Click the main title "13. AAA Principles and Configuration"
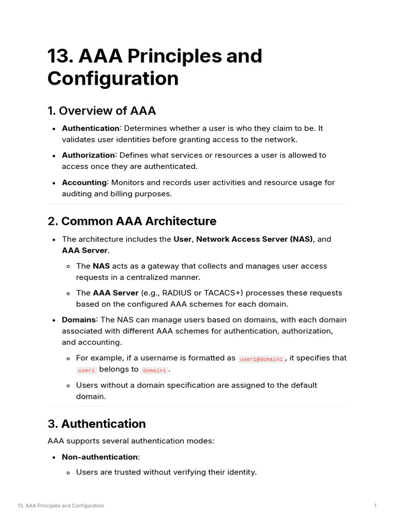coord(154,67)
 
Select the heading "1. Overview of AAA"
coord(102,111)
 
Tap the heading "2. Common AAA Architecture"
coord(132,221)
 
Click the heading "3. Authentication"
coord(96,424)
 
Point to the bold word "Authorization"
coord(88,155)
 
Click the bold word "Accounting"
coord(85,182)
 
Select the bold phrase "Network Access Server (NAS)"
coord(254,239)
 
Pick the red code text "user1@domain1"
coord(262,359)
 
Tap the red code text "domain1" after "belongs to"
coord(154,370)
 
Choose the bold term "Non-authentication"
coord(100,457)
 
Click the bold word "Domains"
coord(78,320)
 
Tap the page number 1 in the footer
coord(376,506)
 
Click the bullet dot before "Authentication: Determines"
coord(54,128)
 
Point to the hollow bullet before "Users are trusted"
coord(69,472)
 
